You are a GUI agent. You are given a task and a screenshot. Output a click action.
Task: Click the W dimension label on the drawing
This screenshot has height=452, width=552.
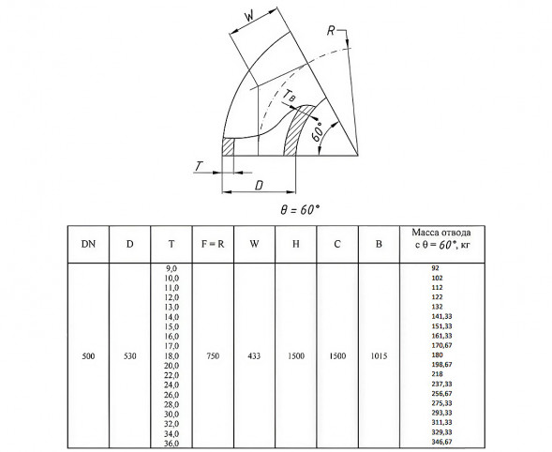click(249, 16)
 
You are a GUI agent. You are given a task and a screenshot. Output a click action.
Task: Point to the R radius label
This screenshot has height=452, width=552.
click(331, 31)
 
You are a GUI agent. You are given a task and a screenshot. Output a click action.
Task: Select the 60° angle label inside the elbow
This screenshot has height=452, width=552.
click(318, 132)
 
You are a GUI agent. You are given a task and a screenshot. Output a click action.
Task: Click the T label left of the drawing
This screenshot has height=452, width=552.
click(200, 166)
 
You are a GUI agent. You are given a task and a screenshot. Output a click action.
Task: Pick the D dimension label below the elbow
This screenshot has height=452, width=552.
click(259, 186)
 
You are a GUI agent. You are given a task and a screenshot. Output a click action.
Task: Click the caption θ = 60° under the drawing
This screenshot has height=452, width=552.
click(300, 210)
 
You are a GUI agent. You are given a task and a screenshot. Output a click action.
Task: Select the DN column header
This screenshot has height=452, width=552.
click(88, 244)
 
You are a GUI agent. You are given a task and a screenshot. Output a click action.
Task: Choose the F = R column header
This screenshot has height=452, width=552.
click(213, 244)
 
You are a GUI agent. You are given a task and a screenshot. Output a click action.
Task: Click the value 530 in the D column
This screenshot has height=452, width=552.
click(130, 356)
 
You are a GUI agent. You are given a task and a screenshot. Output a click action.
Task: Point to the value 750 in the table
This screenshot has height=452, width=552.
click(213, 356)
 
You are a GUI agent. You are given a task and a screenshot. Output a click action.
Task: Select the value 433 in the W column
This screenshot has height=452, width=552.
click(254, 356)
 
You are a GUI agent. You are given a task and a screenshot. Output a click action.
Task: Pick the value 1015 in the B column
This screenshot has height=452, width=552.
click(379, 356)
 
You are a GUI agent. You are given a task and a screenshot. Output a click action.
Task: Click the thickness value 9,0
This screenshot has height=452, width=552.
click(172, 268)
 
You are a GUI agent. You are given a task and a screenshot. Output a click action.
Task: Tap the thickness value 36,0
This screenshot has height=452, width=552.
click(172, 444)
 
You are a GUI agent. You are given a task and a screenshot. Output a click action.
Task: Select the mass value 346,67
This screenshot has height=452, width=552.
click(441, 442)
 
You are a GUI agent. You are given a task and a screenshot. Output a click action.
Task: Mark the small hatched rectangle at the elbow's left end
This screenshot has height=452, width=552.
click(228, 146)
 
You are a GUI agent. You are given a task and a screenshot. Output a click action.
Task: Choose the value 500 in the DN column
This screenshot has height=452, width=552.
click(88, 356)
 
